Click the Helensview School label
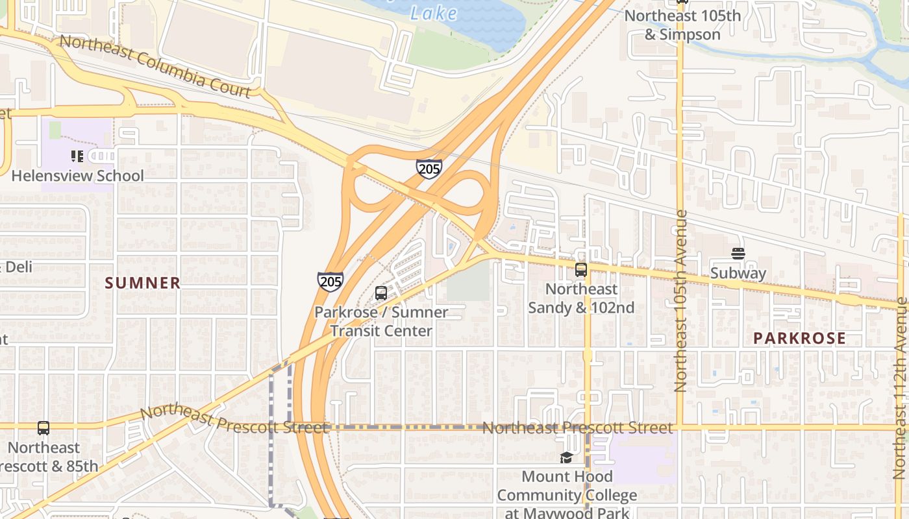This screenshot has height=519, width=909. [77, 176]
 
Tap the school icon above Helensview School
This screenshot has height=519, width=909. [77, 156]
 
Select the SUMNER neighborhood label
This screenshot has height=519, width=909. [142, 283]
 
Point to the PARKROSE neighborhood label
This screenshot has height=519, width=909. [799, 338]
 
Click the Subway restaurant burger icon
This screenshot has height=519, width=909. [738, 254]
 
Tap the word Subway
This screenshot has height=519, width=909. [738, 273]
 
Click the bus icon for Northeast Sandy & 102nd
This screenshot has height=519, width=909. [581, 270]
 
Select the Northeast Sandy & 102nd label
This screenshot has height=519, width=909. [581, 298]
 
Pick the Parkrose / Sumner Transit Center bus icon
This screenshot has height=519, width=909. [381, 293]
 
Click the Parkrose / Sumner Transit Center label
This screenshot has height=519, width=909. [381, 322]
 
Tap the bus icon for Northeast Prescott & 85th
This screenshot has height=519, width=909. [44, 428]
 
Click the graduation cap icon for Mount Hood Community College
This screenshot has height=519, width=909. [566, 458]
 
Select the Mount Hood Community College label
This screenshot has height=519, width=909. [567, 496]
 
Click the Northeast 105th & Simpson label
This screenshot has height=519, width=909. [682, 25]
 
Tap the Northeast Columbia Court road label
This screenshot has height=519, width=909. [155, 67]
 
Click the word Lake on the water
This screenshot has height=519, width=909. [434, 13]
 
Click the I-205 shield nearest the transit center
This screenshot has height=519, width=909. [330, 281]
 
